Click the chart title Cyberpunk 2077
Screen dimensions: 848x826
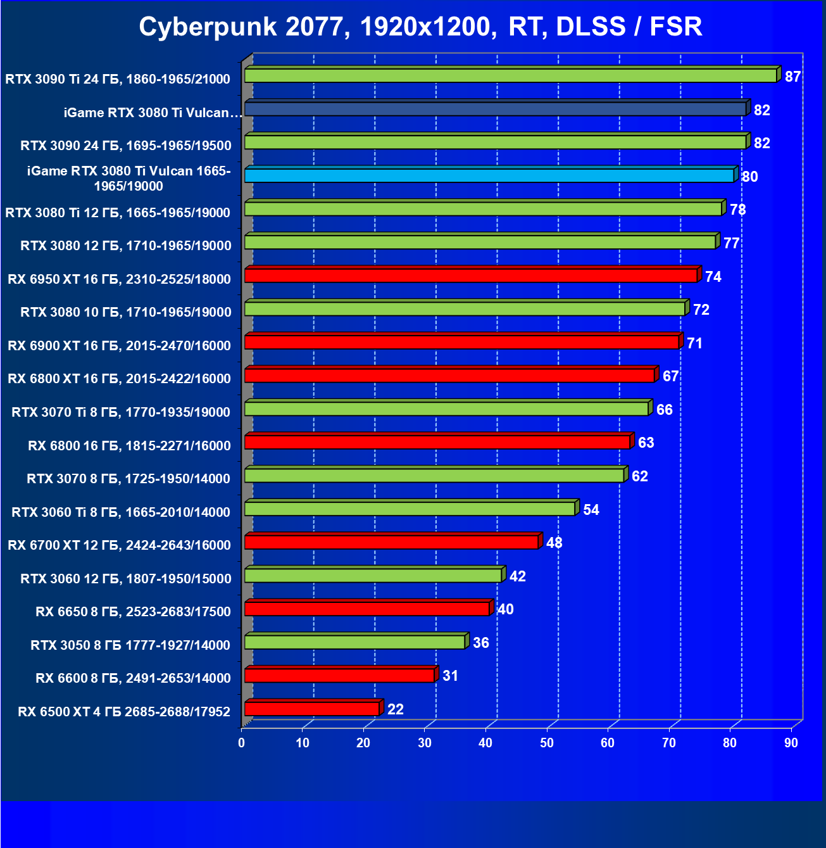[x=420, y=27]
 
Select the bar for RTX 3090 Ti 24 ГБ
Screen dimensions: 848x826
[x=510, y=76]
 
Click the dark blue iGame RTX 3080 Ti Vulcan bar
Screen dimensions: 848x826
[x=495, y=109]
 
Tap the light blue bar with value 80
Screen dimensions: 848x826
[x=489, y=175]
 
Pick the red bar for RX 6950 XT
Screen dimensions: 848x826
[x=470, y=275]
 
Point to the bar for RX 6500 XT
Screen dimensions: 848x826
[x=311, y=709]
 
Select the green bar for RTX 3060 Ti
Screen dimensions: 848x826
[x=410, y=509]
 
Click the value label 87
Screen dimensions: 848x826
[x=792, y=77]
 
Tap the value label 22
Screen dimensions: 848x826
[x=396, y=709]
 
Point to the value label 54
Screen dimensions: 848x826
[x=591, y=510]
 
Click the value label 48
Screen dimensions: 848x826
[x=554, y=543]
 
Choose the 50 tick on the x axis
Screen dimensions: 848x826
[x=547, y=743]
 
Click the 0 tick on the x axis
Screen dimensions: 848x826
[x=242, y=743]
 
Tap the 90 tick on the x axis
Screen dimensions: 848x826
[x=791, y=743]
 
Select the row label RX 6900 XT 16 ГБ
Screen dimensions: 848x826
[x=119, y=345]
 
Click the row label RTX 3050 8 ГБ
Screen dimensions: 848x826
[x=130, y=645]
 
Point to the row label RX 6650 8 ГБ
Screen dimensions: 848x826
[x=133, y=611]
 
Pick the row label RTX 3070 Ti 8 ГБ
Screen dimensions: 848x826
[x=121, y=412]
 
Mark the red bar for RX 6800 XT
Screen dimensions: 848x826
[x=449, y=376]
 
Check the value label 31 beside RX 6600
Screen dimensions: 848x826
[x=451, y=676]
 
